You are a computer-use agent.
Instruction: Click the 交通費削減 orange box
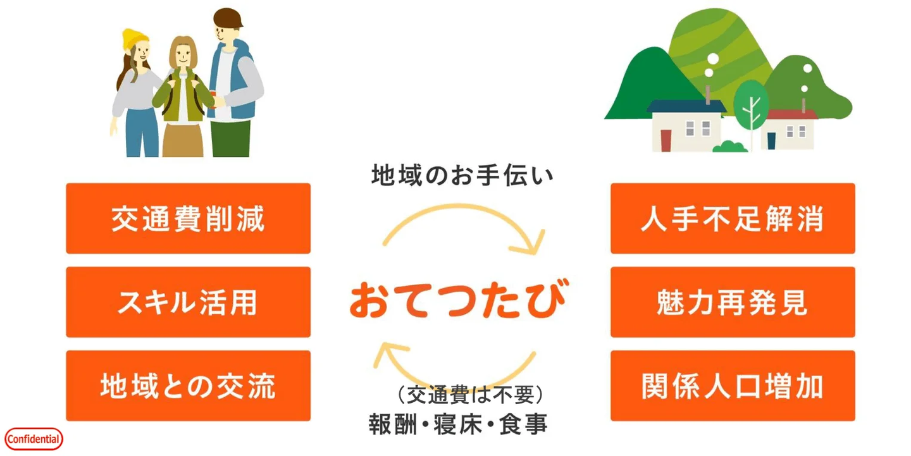(x=189, y=218)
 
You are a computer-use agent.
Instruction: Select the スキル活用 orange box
(x=189, y=302)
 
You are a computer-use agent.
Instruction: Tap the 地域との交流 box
(x=189, y=386)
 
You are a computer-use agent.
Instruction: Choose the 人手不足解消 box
(x=733, y=218)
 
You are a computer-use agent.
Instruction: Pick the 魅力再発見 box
(x=733, y=302)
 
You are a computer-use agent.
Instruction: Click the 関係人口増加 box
(x=733, y=386)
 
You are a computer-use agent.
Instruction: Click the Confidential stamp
(x=34, y=439)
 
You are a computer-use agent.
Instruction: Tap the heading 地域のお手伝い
(x=462, y=175)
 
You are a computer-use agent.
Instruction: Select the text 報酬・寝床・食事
(x=458, y=424)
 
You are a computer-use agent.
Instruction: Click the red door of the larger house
(x=666, y=140)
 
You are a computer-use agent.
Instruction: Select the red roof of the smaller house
(x=791, y=114)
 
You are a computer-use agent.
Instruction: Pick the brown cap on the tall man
(x=228, y=18)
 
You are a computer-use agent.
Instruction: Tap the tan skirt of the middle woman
(x=183, y=140)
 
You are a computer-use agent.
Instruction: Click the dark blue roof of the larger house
(x=686, y=106)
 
